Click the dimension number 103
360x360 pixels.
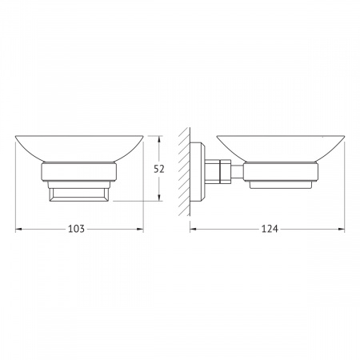pyautogui.click(x=76, y=229)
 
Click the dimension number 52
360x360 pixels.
pyautogui.click(x=159, y=169)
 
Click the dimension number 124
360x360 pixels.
pyautogui.click(x=270, y=229)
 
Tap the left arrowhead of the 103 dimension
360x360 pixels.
pyautogui.click(x=18, y=229)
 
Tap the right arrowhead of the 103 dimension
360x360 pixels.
pyautogui.click(x=140, y=229)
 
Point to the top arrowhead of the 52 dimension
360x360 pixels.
pyautogui.click(x=159, y=139)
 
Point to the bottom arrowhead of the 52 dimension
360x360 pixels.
pyautogui.click(x=159, y=198)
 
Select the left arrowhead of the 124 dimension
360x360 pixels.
pyautogui.click(x=194, y=229)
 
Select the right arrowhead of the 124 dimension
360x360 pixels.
pyautogui.click(x=341, y=229)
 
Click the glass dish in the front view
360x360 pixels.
pyautogui.click(x=79, y=148)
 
